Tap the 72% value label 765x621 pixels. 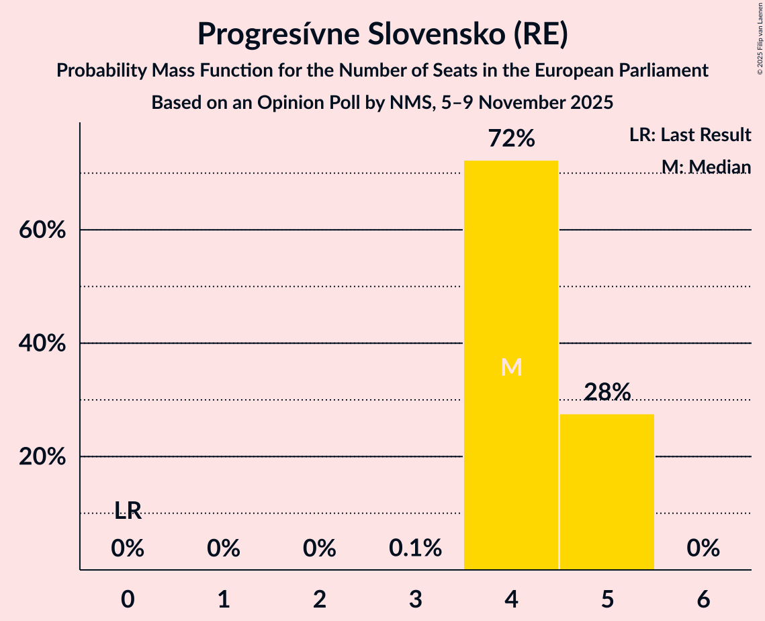click(x=511, y=139)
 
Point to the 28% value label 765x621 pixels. click(x=607, y=392)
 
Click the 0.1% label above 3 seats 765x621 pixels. click(x=415, y=548)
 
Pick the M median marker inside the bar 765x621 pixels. click(x=511, y=367)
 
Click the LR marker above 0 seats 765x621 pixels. click(x=128, y=511)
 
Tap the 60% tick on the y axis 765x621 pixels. click(x=41, y=231)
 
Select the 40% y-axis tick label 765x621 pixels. click(x=41, y=344)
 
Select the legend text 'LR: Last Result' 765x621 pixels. click(x=690, y=135)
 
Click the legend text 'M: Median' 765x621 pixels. click(x=705, y=167)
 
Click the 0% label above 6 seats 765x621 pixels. click(x=703, y=548)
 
